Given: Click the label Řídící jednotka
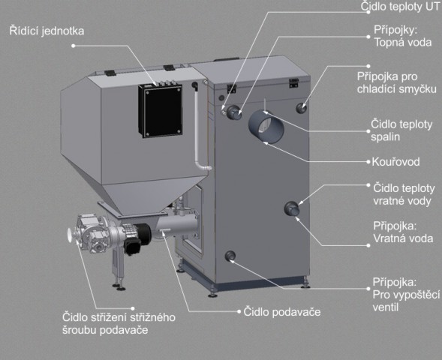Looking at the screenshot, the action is [47, 31].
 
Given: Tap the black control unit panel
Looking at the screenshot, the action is [161, 111].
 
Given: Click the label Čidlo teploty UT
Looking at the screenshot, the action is [401, 6].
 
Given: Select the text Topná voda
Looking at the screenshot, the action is [403, 42].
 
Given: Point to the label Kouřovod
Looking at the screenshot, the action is [395, 162].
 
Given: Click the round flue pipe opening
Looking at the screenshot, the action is [266, 127].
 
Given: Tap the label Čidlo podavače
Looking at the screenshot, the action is [282, 312].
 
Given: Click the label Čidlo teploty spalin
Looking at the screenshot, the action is [401, 130].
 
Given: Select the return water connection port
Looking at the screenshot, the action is [292, 208].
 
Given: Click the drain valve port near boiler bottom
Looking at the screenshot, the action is [230, 256].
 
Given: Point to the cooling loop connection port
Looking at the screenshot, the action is [302, 107].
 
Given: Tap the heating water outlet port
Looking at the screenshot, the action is [234, 112].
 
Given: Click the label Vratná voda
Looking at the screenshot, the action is [403, 238].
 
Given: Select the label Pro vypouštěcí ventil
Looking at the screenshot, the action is [406, 301].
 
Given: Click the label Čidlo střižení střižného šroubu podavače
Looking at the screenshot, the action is [119, 323].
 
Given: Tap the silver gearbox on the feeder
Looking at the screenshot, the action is [93, 233].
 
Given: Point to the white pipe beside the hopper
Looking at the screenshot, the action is [200, 130].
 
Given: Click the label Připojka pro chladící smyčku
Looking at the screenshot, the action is [397, 82].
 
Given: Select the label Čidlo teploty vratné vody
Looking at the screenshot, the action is [404, 194].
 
